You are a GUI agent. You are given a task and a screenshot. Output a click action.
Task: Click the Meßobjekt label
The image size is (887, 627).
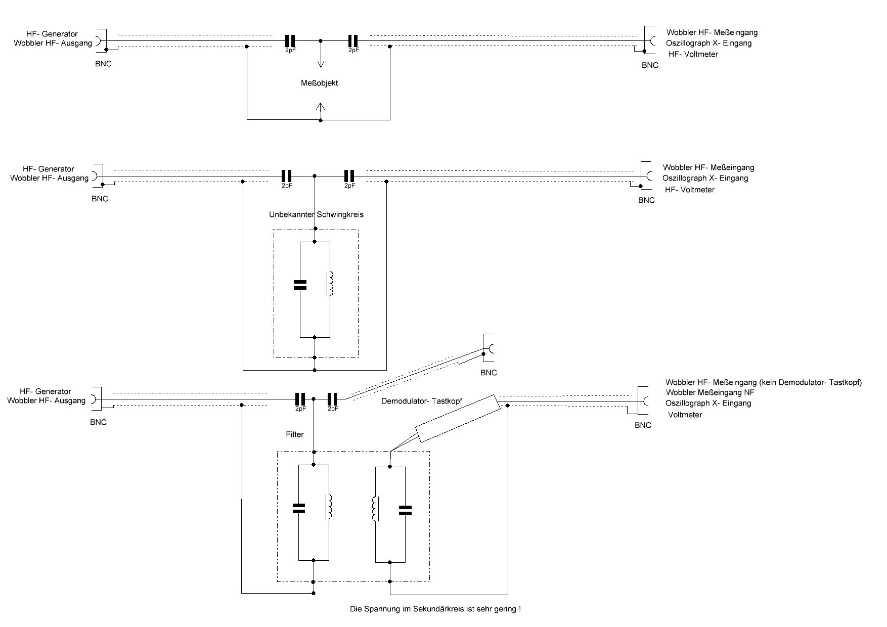pos(319,83)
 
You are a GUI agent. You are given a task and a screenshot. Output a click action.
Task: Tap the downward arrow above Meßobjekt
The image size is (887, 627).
pos(321,54)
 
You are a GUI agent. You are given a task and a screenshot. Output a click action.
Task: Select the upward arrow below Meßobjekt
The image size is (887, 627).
pos(321,111)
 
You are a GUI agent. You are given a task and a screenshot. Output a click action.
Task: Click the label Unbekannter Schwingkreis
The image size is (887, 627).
pos(316,214)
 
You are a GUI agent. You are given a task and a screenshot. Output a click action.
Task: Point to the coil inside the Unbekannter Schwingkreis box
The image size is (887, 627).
pos(331,284)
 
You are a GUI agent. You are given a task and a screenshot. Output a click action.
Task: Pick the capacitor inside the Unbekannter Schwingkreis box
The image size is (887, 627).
pos(300,285)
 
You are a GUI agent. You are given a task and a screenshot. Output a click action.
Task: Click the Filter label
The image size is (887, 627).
pos(295,434)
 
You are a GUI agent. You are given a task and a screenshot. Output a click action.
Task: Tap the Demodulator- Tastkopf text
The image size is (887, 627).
pos(422,401)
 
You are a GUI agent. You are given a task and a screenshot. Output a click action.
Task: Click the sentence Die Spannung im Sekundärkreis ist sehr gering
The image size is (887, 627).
pos(435,609)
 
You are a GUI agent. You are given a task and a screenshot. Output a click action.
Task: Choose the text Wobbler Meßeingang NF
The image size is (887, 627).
pos(710,392)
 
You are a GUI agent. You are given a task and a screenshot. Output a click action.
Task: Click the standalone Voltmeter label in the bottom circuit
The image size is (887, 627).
pos(685,415)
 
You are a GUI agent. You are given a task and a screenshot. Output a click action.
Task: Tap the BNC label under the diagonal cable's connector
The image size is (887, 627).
pos(489,373)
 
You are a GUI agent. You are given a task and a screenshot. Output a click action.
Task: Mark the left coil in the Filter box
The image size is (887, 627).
pos(329,507)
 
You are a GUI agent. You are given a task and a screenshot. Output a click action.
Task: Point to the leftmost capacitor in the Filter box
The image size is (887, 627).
pos(299,508)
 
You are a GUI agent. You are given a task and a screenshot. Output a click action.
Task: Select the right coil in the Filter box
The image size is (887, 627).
pos(375,509)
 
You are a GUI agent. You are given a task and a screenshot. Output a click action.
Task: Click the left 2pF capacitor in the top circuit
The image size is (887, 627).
pos(290,41)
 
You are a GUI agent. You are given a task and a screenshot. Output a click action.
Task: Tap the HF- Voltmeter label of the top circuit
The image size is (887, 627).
pos(693,54)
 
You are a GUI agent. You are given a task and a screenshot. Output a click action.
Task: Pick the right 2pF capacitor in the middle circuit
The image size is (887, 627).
pos(349,176)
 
